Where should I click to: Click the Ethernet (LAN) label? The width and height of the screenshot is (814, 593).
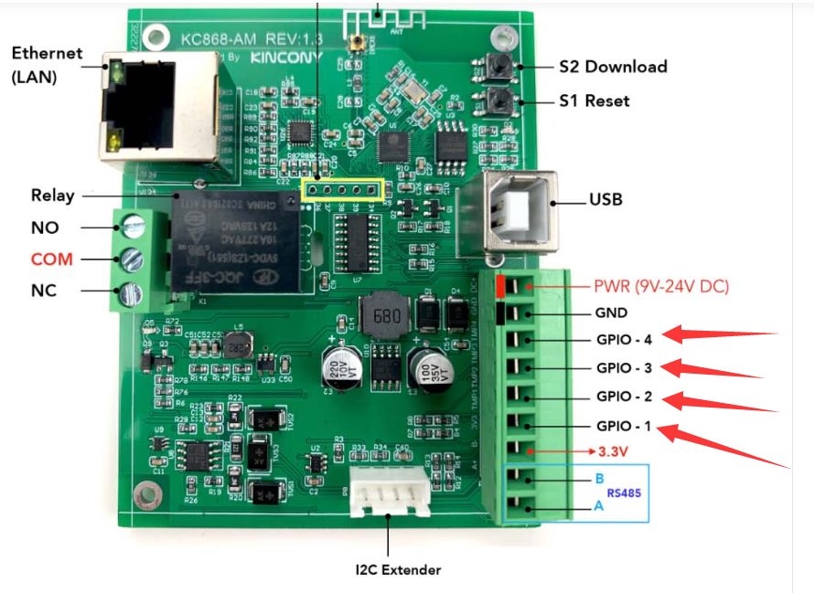click(x=47, y=65)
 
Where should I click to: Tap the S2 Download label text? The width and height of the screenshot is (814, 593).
click(x=613, y=67)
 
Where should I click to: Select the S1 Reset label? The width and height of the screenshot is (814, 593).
click(x=594, y=100)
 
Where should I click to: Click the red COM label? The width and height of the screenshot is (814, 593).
click(x=51, y=259)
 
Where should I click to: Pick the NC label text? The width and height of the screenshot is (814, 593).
click(x=44, y=291)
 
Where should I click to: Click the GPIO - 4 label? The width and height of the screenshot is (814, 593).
click(x=624, y=340)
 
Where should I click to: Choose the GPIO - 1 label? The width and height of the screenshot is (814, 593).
click(x=624, y=427)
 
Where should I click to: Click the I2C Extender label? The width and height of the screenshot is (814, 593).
click(x=398, y=569)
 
